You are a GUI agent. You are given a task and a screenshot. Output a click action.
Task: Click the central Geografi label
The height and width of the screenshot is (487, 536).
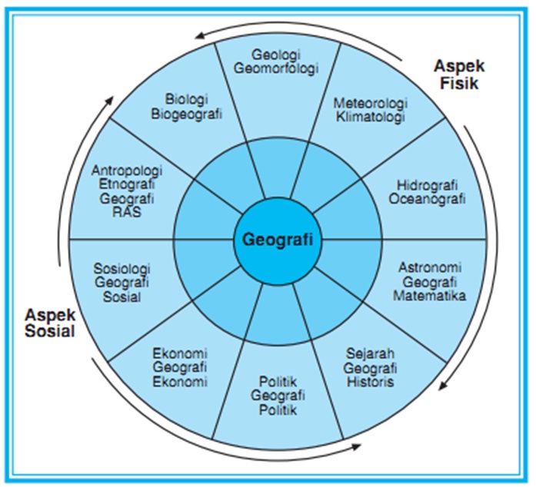278,238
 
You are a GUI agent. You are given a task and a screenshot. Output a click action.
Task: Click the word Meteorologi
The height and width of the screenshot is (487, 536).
371,103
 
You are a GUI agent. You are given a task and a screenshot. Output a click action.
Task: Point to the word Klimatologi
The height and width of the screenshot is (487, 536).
371,117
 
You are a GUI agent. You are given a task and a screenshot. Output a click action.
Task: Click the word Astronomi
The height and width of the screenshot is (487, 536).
429,267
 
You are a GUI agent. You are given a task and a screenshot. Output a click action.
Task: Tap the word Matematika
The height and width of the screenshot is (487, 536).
429,294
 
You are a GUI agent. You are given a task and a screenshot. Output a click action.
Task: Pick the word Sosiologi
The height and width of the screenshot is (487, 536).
122,269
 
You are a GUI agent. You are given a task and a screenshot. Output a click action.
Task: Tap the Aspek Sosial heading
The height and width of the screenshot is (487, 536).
49,323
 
